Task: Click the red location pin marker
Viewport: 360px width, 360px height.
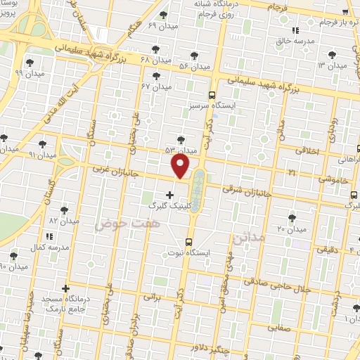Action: tap(181, 167)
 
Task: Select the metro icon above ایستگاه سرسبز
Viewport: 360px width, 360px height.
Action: tap(212, 95)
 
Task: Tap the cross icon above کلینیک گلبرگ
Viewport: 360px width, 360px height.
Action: tap(169, 195)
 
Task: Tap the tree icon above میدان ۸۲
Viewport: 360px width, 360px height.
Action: tap(65, 210)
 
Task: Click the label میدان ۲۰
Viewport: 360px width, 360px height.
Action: tap(291, 229)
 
